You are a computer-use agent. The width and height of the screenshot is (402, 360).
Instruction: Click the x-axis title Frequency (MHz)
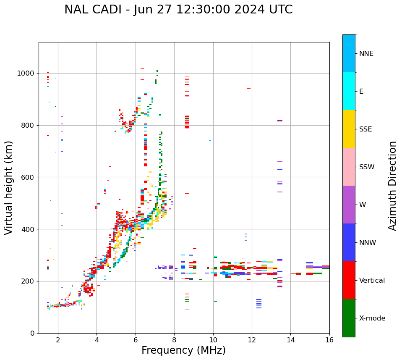[183, 350]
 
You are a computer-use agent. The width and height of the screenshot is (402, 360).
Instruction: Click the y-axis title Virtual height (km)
[9, 187]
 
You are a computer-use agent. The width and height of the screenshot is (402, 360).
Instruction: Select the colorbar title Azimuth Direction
[392, 185]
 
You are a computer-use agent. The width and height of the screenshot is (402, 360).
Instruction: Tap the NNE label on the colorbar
[366, 54]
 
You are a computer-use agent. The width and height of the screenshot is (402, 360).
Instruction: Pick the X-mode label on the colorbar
[372, 318]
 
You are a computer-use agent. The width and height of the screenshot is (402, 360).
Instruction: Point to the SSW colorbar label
[366, 167]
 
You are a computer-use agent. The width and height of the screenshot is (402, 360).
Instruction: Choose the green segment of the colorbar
[349, 318]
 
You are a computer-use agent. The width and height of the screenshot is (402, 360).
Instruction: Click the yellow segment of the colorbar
[349, 129]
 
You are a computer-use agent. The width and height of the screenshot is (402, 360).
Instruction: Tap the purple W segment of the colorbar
[349, 205]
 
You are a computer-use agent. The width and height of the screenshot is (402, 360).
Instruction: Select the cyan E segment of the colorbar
[349, 91]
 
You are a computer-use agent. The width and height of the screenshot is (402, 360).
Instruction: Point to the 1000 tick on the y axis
[26, 74]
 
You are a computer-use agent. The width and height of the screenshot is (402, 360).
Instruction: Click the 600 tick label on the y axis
[28, 177]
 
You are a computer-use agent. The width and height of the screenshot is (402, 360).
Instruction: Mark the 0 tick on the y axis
[32, 333]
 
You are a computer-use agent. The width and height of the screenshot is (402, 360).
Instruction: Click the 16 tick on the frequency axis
[329, 340]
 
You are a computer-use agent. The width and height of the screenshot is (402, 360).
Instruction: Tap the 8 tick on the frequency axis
[174, 340]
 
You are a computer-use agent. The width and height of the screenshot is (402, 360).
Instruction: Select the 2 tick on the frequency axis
[58, 340]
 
